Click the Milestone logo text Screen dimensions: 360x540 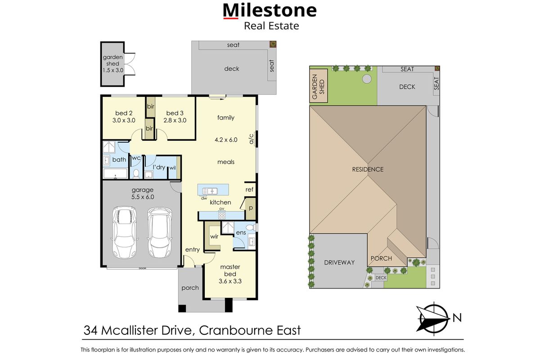click(x=270, y=10)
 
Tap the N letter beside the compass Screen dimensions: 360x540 click(x=457, y=318)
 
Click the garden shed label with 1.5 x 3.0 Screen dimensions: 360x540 click(x=112, y=64)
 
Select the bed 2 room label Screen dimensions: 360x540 click(x=124, y=117)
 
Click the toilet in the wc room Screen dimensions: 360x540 click(x=136, y=173)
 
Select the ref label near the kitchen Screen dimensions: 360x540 click(x=250, y=190)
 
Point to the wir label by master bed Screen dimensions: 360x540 click(x=214, y=235)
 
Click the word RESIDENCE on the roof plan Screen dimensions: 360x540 click(x=368, y=169)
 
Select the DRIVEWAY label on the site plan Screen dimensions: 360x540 click(x=339, y=262)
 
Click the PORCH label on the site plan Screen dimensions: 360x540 click(x=381, y=258)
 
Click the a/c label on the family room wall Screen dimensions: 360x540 click(x=252, y=139)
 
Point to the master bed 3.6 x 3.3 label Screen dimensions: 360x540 click(x=230, y=274)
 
